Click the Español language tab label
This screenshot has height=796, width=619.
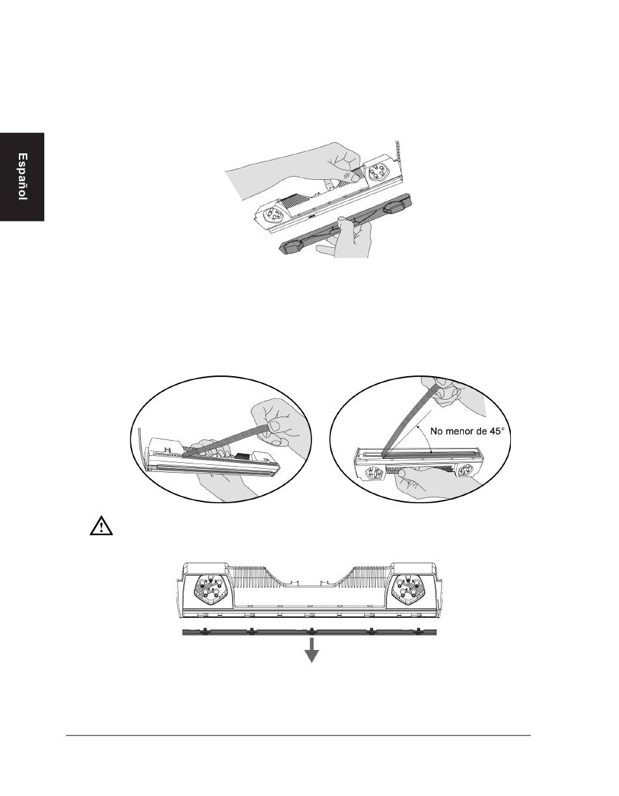tap(23, 177)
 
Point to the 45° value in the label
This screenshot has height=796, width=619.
tap(496, 431)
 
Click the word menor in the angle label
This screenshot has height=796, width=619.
tap(459, 431)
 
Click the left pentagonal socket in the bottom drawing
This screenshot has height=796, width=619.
tap(207, 587)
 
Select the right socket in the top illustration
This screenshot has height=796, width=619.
tap(377, 171)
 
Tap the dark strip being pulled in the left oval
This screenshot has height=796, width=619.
tap(227, 441)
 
